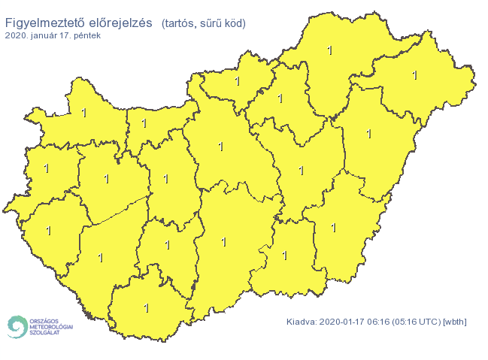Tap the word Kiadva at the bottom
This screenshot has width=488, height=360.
click(x=302, y=322)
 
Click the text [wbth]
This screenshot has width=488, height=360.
click(x=456, y=322)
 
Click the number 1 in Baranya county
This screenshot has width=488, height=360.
click(x=146, y=307)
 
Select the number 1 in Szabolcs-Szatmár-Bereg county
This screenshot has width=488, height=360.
click(x=415, y=75)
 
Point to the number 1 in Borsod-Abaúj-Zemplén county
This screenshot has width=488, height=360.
click(x=329, y=50)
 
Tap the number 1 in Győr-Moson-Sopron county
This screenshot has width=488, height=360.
click(x=83, y=113)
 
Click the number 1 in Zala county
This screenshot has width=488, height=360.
click(x=48, y=230)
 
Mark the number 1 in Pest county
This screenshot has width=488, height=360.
click(x=220, y=147)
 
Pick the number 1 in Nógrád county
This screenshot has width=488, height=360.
click(x=237, y=80)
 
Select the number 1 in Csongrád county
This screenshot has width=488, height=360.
click(x=284, y=255)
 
